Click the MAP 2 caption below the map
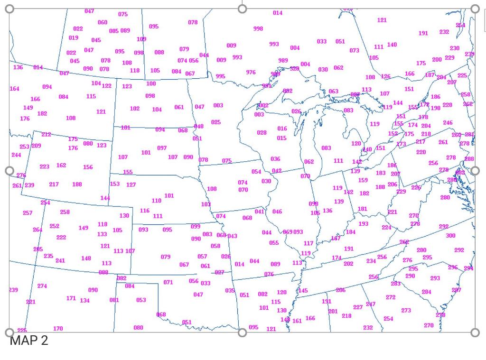pyautogui.click(x=28, y=341)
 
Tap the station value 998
pyautogui.click(x=258, y=29)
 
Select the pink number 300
pyautogui.click(x=450, y=236)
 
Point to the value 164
pyautogui.click(x=15, y=89)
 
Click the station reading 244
pyautogui.click(x=16, y=155)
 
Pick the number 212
pyautogui.click(x=46, y=135)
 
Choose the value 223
pyautogui.click(x=44, y=167)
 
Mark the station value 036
pyautogui.click(x=275, y=159)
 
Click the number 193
pyautogui.click(x=363, y=224)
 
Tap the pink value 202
pyautogui.click(x=348, y=264)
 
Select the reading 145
pyautogui.click(x=303, y=291)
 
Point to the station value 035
pyautogui.click(x=230, y=291)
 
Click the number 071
pyautogui.click(x=168, y=283)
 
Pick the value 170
pyautogui.click(x=58, y=329)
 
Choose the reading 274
pyautogui.click(x=42, y=286)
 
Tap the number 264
pyautogui.click(x=37, y=230)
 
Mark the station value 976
pyautogui.click(x=251, y=73)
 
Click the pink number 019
pyautogui.click(x=74, y=38)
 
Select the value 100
pyautogui.click(x=151, y=84)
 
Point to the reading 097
pyautogui.click(x=162, y=148)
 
